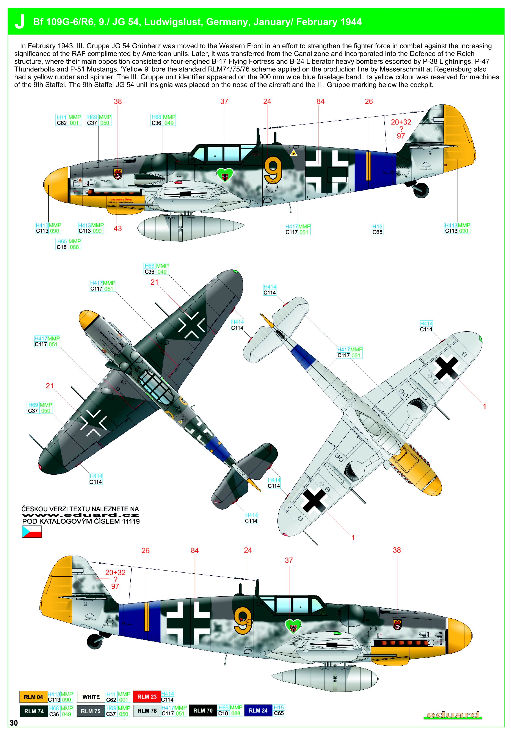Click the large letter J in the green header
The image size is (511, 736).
click(20, 22)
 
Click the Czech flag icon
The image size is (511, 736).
click(32, 532)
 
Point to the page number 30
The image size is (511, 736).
click(14, 723)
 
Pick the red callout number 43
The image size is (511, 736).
click(118, 228)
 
